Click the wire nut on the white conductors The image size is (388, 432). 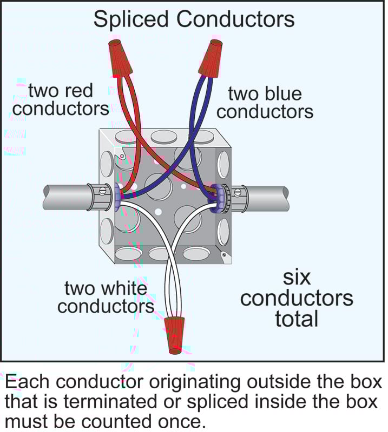click(174, 335)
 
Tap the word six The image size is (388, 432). click(297, 278)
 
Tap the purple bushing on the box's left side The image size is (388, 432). click(117, 195)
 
